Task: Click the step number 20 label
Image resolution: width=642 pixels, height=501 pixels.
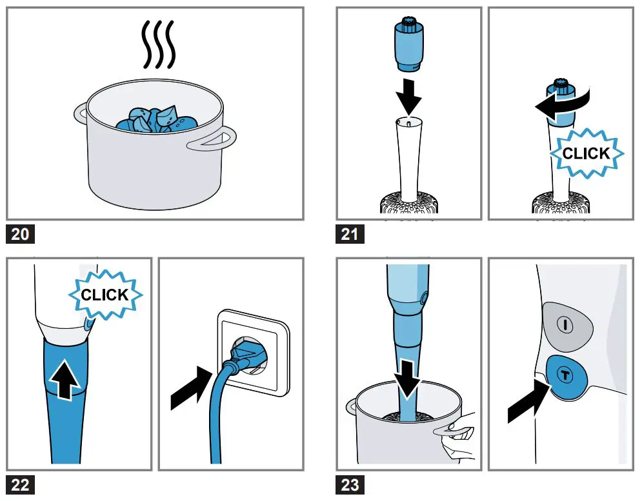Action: point(20,233)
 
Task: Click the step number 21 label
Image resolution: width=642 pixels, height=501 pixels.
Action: point(350,233)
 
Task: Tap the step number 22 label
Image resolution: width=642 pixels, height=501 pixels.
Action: point(20,485)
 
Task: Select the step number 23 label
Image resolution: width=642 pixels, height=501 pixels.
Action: point(350,485)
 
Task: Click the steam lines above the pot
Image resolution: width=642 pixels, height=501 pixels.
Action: point(159,44)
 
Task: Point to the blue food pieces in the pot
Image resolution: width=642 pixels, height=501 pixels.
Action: point(157,119)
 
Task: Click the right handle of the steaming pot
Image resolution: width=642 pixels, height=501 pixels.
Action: point(212,139)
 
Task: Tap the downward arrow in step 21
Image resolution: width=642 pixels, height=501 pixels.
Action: point(408,97)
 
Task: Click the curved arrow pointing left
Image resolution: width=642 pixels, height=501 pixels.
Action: point(563,104)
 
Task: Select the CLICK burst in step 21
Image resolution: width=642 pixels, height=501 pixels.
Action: point(587,153)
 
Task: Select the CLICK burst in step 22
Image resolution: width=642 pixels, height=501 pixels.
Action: point(105,294)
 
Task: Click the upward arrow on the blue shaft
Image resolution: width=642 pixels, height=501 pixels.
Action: point(65,378)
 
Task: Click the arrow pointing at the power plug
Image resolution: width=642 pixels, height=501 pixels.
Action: point(191,388)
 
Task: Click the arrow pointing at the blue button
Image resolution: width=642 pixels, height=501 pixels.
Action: point(528,402)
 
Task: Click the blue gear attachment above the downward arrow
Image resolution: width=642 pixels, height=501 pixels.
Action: point(408,44)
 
